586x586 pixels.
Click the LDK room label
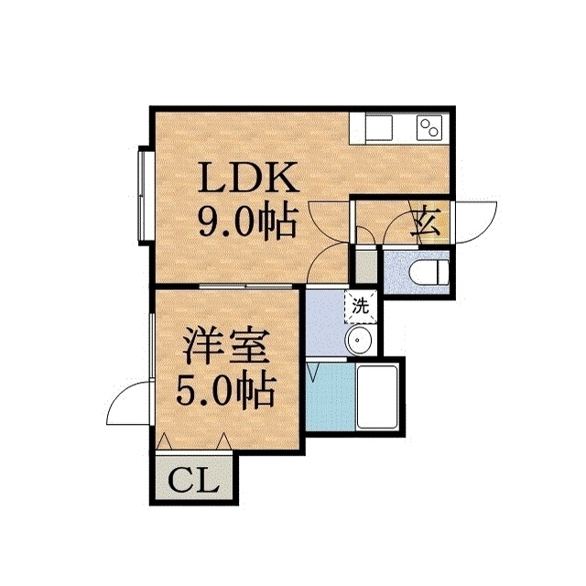coord(248,177)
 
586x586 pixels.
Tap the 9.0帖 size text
coord(248,222)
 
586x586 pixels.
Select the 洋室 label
coord(226,346)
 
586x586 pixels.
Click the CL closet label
coord(193,479)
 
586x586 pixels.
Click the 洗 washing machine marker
coord(361,307)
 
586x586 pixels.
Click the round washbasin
coord(358,340)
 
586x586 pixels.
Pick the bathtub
coord(377,396)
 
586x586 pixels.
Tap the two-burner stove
coord(429,127)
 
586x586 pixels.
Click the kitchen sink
coord(379,127)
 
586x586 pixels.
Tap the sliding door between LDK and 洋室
coord(245,287)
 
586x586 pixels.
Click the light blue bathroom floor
coord(330,396)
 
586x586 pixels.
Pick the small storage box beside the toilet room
coord(365,266)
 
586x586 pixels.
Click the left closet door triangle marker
coord(164,441)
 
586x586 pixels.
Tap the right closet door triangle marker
coord(224,441)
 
